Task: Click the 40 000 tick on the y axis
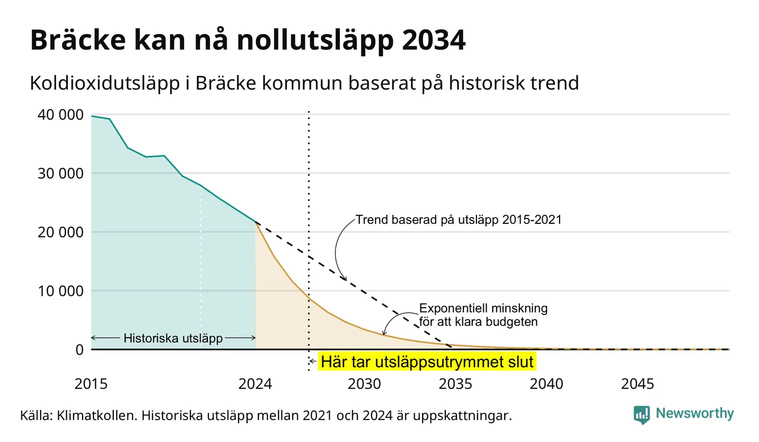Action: pos(60,114)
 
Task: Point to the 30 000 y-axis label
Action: pos(60,173)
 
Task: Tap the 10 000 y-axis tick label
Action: pos(60,291)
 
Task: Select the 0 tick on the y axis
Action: pos(79,350)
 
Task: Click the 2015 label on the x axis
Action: pos(91,384)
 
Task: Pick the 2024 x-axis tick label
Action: pos(255,384)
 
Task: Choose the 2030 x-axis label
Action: pos(364,384)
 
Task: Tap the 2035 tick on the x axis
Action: pos(455,384)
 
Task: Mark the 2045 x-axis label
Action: pos(637,384)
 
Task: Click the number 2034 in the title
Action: pos(434,40)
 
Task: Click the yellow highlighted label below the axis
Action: pos(427,362)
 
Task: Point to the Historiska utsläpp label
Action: pos(173,338)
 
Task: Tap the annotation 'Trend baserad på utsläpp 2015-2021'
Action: pos(458,220)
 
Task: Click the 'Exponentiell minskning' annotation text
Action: pos(483,308)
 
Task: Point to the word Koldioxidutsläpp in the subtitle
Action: pos(105,84)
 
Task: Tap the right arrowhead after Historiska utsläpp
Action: pos(253,338)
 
